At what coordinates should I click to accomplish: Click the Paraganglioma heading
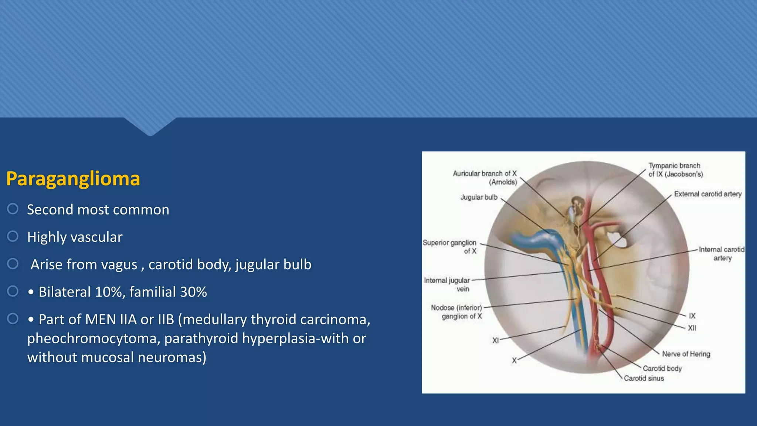(73, 179)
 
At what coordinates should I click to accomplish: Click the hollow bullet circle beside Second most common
(13, 209)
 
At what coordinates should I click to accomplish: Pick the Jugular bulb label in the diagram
(479, 197)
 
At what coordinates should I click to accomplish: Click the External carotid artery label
(707, 194)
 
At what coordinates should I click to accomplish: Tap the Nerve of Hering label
(686, 354)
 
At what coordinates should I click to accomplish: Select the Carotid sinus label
(644, 378)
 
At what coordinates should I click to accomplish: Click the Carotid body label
(662, 368)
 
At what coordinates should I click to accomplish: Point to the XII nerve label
(692, 328)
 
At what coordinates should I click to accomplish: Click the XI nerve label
(495, 341)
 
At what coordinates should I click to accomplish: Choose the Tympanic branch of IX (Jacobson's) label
(675, 170)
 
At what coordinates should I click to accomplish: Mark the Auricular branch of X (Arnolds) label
(485, 178)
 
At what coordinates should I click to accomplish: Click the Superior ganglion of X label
(449, 247)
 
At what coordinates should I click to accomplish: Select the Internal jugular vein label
(447, 285)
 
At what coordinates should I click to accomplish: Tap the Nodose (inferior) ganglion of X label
(456, 312)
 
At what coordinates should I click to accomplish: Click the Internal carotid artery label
(722, 254)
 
